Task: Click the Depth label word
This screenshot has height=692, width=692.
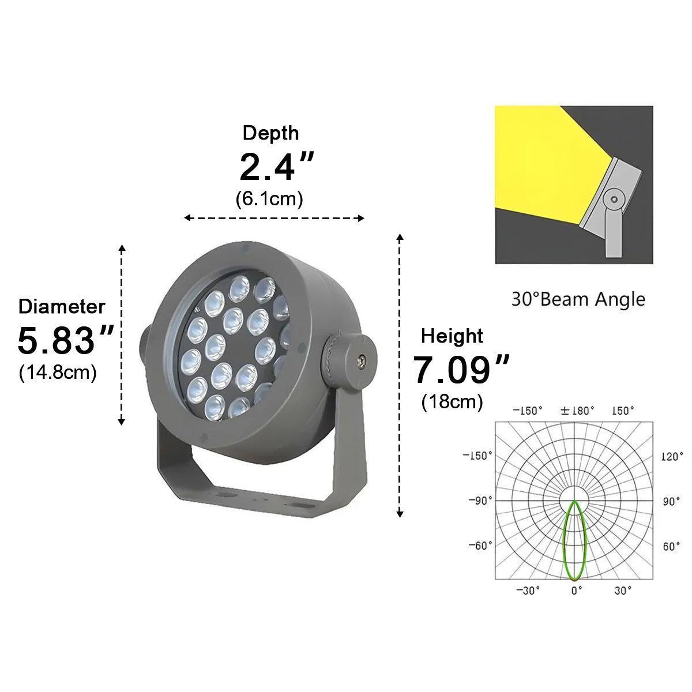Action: click(270, 133)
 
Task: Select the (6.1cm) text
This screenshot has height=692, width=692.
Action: click(269, 199)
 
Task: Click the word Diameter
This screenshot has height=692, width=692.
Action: click(62, 306)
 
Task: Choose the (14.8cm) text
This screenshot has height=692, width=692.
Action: click(58, 372)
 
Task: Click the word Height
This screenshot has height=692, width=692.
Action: click(452, 336)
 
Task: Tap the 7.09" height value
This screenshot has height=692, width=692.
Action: click(461, 370)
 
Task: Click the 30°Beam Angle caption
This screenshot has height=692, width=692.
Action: click(578, 299)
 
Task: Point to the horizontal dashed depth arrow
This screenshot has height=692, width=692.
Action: click(274, 218)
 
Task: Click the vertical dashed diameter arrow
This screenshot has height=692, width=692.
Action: click(122, 334)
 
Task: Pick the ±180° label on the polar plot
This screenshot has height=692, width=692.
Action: click(577, 411)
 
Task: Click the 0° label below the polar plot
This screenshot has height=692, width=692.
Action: click(576, 591)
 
